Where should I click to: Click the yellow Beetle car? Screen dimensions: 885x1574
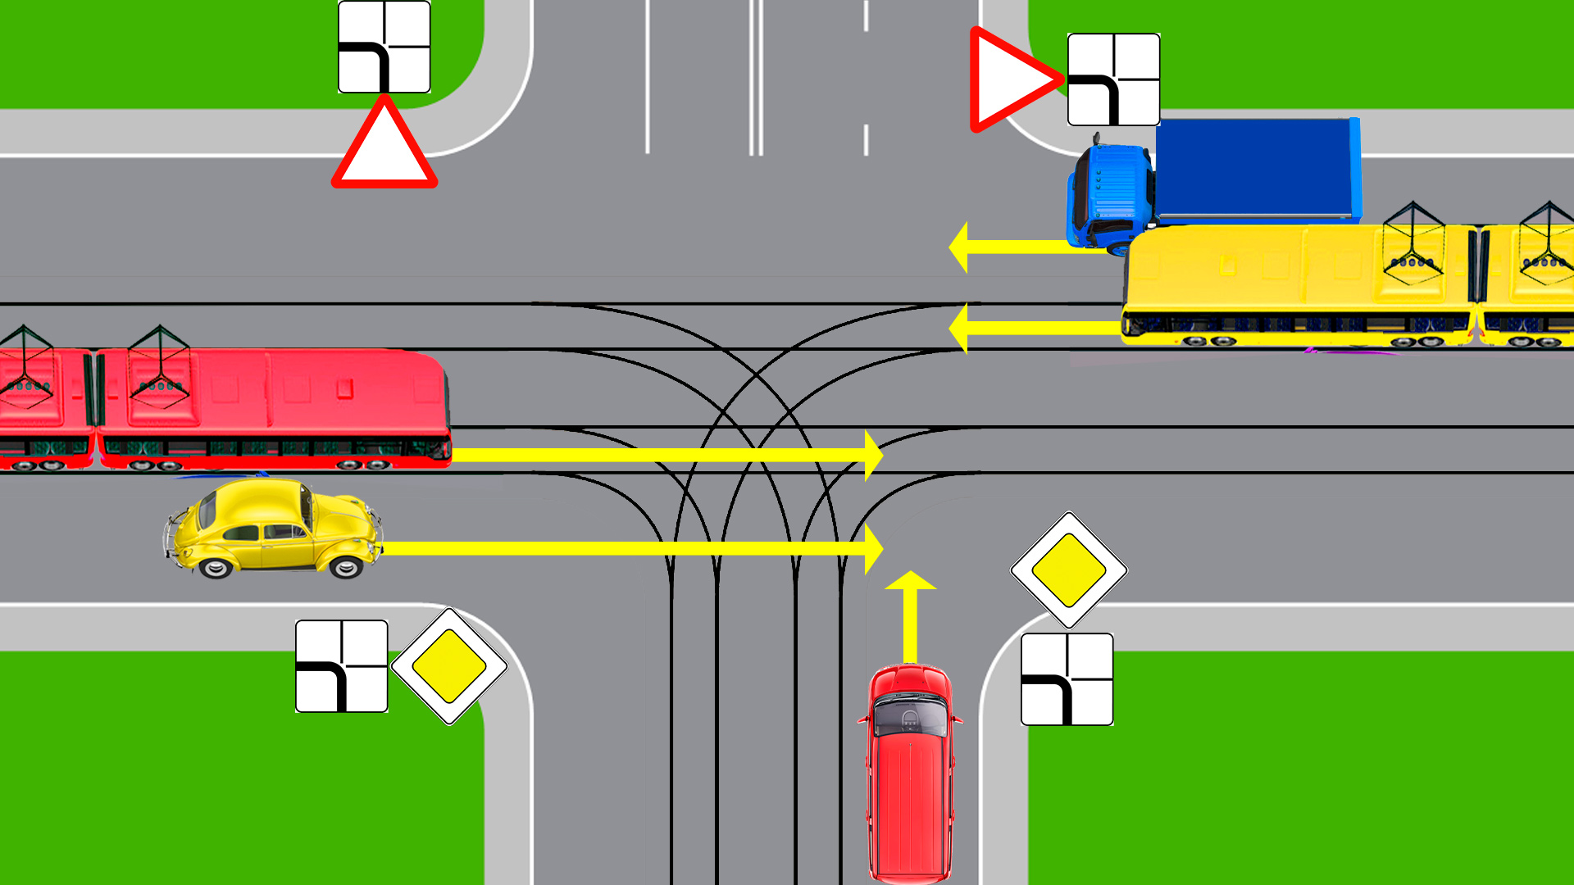(273, 529)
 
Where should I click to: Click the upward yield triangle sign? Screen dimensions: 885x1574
(384, 147)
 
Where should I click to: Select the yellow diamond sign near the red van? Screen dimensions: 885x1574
(1068, 570)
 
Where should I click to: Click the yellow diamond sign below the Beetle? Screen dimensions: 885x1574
(448, 665)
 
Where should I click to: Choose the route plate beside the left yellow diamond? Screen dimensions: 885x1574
(341, 665)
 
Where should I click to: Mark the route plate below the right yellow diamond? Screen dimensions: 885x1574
(1067, 678)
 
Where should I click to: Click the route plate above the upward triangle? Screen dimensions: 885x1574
(384, 47)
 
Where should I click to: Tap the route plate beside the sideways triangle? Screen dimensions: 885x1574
(1113, 79)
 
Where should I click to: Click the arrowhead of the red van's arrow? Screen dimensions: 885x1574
(910, 581)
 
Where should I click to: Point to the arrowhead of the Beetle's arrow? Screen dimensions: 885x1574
(874, 548)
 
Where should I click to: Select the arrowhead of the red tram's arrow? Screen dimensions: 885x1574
(874, 455)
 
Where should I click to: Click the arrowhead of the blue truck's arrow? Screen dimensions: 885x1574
(958, 247)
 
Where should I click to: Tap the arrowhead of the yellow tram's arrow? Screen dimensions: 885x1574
(958, 328)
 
